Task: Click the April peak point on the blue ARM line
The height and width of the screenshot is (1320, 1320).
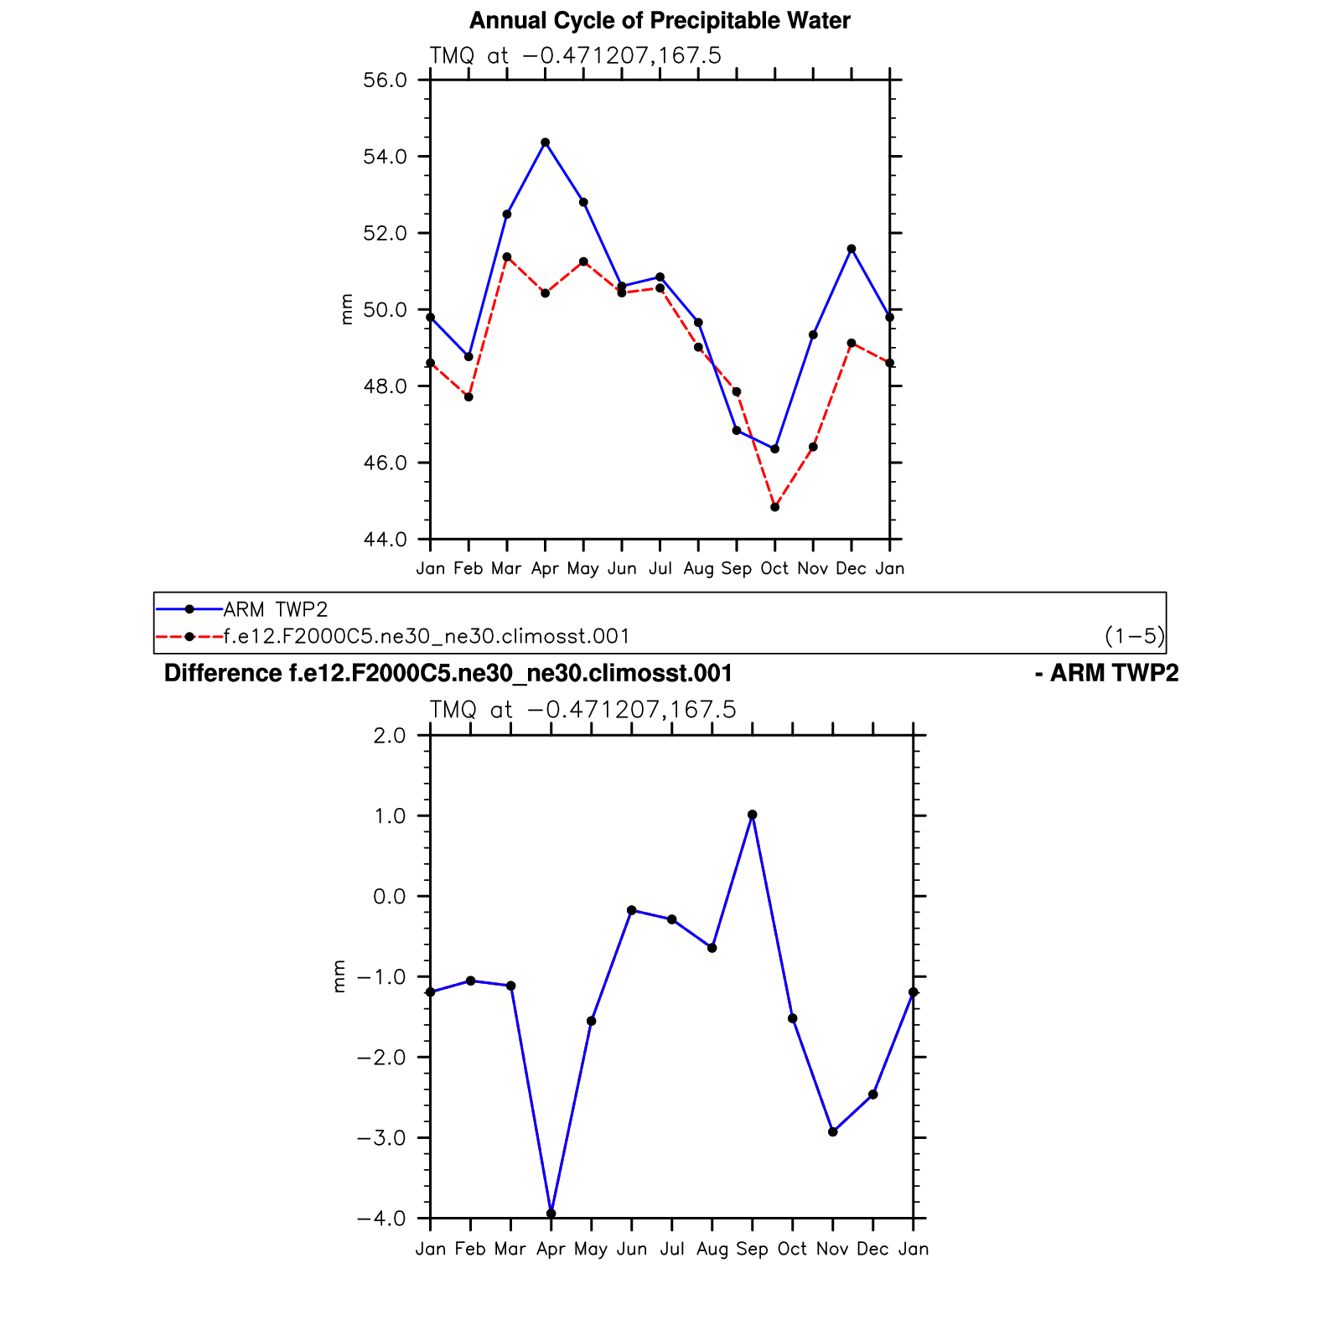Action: click(545, 142)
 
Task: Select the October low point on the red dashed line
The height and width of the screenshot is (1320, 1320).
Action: click(774, 507)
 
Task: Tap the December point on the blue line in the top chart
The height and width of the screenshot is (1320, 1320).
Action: click(852, 249)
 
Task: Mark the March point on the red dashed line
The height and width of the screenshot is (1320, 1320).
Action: click(506, 257)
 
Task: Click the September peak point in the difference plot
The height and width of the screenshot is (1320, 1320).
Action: click(752, 815)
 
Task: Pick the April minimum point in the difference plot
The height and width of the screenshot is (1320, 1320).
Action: click(551, 1213)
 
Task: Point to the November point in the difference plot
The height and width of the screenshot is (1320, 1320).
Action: click(832, 1132)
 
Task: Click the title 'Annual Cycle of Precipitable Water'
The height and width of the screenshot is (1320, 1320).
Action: click(660, 21)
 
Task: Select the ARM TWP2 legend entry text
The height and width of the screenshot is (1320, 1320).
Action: click(276, 609)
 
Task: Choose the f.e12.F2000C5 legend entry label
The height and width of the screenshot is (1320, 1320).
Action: click(427, 636)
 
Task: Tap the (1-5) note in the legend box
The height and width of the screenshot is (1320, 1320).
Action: click(1134, 636)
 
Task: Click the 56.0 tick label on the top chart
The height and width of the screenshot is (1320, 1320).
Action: click(385, 80)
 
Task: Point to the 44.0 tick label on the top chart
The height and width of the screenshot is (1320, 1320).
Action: click(385, 540)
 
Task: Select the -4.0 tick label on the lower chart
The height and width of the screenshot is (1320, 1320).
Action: click(380, 1219)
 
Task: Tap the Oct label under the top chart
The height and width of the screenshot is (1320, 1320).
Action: click(774, 569)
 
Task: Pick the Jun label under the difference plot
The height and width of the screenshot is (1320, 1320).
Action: click(631, 1250)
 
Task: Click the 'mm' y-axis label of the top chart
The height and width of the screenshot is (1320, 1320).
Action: click(347, 309)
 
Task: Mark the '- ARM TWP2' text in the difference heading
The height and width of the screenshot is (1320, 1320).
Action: click(1106, 674)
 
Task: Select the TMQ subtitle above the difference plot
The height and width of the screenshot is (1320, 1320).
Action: click(582, 711)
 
